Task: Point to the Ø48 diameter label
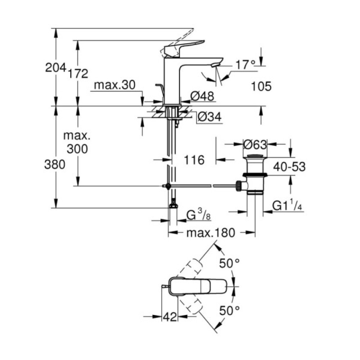click(x=202, y=96)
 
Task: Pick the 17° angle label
click(x=245, y=65)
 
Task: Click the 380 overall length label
click(x=54, y=165)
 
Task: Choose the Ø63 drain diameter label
click(x=255, y=145)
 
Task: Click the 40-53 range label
click(x=289, y=167)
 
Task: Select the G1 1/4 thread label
click(x=287, y=206)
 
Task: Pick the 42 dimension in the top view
click(x=170, y=317)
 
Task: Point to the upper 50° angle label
click(x=230, y=264)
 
